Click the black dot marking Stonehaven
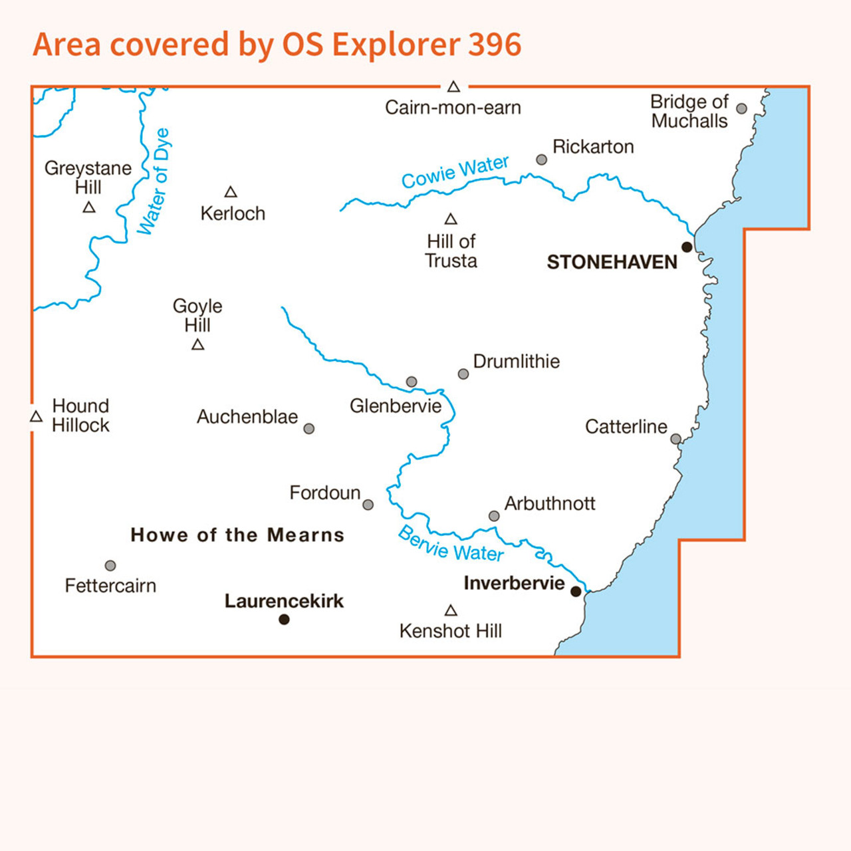[687, 247]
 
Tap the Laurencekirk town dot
[284, 620]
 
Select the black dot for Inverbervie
[576, 591]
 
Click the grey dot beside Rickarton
[542, 160]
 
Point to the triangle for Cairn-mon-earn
[453, 86]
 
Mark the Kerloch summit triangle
[231, 192]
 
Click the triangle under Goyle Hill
[197, 344]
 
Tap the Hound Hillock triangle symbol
[37, 416]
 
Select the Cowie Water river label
[455, 172]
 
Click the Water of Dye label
[154, 182]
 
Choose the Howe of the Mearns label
[237, 535]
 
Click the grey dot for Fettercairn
[110, 566]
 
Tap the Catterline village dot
[675, 439]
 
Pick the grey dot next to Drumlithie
[463, 374]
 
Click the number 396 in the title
[495, 45]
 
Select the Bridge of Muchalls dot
[741, 108]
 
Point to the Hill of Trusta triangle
[451, 219]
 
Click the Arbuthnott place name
[550, 503]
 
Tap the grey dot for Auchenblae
[309, 429]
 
